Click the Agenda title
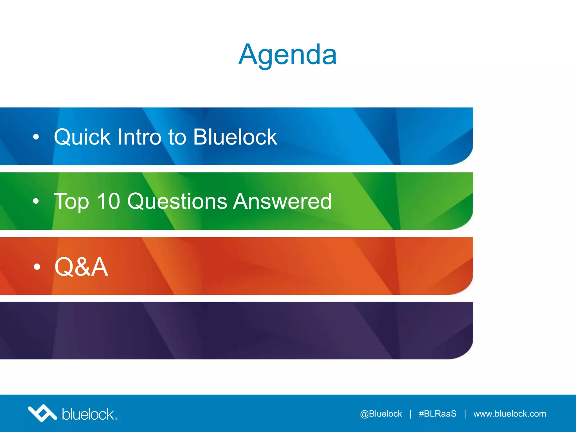(287, 55)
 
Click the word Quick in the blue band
(82, 137)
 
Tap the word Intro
(139, 137)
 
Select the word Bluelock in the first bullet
(235, 137)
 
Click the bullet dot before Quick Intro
(36, 137)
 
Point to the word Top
(71, 202)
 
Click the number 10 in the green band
(109, 201)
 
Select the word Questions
(177, 202)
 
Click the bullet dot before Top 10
(36, 201)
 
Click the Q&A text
(81, 267)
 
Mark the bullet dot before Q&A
(37, 267)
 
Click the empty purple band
(236, 331)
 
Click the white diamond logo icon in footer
(42, 413)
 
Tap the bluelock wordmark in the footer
(88, 414)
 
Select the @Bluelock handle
(381, 414)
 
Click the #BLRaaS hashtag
(437, 414)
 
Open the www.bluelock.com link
(510, 414)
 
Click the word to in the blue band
(177, 137)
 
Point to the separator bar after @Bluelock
(411, 414)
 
